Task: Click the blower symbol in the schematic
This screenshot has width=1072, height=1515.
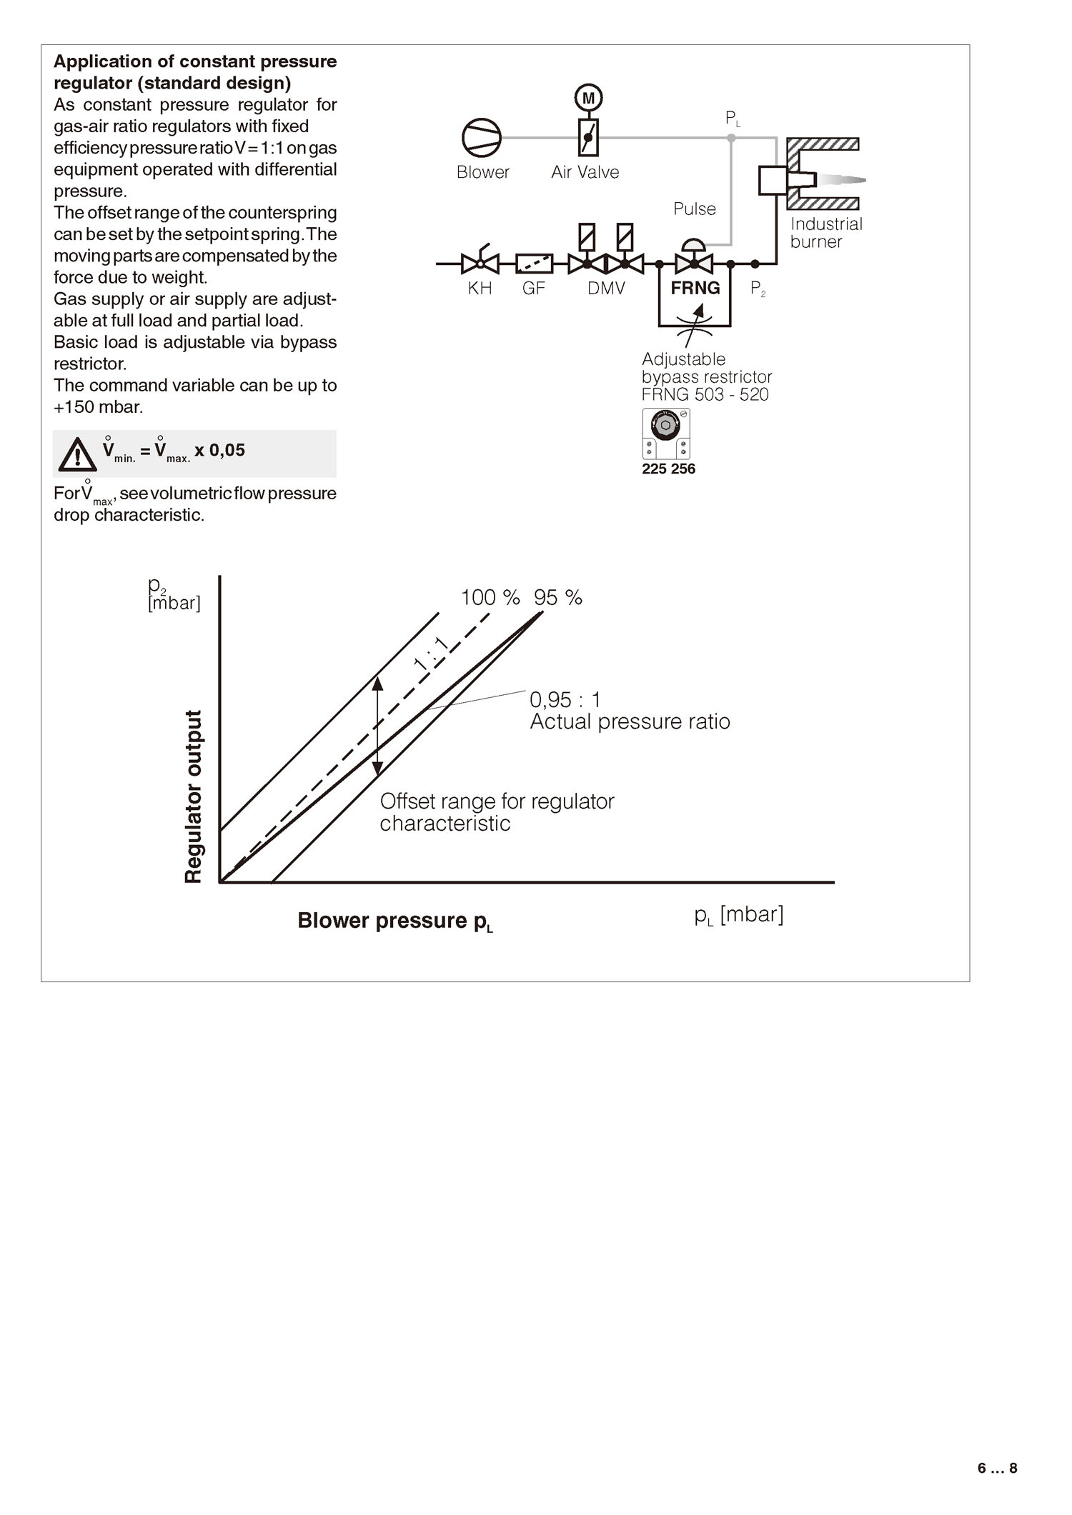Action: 481,137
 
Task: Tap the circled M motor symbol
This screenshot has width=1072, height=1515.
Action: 588,98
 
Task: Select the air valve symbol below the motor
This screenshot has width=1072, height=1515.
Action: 588,137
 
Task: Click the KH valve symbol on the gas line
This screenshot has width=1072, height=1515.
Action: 480,264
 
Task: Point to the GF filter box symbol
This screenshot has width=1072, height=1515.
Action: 534,264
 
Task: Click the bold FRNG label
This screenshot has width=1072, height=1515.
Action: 695,288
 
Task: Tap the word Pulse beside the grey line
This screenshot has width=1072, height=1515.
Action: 694,209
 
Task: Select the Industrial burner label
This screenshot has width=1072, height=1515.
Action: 825,233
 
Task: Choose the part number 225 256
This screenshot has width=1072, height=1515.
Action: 668,469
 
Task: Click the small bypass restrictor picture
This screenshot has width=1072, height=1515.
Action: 665,434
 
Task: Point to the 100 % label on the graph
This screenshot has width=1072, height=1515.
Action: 490,597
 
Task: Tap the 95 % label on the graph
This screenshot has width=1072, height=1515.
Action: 558,597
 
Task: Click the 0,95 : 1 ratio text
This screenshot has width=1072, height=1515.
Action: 565,699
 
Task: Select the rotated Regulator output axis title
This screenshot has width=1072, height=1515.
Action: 194,796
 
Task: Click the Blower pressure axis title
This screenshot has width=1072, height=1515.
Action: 395,921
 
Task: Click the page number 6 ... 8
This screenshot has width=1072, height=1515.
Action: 997,1469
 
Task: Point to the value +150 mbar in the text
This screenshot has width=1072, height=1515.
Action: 99,407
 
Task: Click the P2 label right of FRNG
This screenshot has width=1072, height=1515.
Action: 758,289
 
